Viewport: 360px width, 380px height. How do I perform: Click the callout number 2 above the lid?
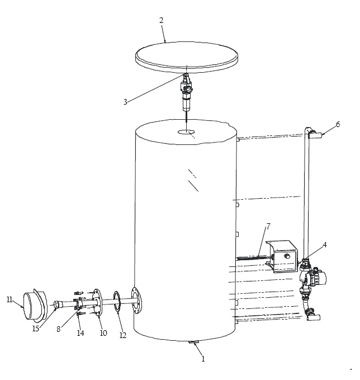(162, 20)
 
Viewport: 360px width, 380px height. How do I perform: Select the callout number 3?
(125, 102)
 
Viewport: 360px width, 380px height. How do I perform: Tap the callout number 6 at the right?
(338, 124)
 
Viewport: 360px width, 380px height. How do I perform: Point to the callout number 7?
(268, 227)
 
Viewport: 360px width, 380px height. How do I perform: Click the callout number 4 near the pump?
(325, 245)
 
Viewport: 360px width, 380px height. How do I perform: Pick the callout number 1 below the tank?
(203, 359)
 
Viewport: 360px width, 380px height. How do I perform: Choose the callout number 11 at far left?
(10, 300)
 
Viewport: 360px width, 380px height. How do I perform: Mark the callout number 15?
(36, 329)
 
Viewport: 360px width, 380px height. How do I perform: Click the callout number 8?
(58, 329)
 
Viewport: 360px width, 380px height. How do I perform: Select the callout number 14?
(80, 333)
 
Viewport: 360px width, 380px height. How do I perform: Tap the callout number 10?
(103, 333)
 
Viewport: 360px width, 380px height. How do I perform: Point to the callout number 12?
(123, 335)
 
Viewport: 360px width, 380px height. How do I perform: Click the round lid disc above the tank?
(186, 57)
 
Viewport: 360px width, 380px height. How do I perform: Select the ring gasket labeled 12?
(115, 302)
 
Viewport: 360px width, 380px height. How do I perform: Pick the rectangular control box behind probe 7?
(282, 257)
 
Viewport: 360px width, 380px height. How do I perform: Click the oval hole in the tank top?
(186, 132)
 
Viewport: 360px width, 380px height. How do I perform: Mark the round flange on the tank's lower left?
(136, 301)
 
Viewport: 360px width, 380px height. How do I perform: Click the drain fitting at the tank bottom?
(193, 342)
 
